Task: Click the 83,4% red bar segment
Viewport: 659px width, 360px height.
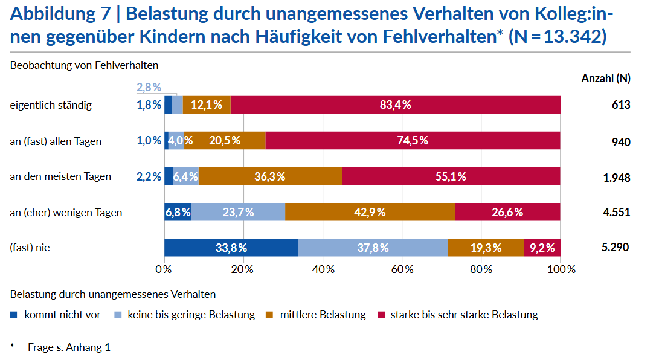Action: point(396,104)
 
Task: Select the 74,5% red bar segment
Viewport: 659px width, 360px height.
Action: point(413,141)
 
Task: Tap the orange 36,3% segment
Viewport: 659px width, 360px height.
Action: point(270,176)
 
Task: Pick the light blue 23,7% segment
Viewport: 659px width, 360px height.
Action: point(238,212)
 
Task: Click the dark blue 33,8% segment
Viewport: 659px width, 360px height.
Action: point(231,248)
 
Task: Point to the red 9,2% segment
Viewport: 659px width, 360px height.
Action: point(542,248)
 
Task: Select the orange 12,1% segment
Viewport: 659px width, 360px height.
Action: point(207,104)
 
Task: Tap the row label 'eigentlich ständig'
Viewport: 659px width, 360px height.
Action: point(51,105)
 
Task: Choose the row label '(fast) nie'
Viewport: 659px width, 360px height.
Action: point(30,248)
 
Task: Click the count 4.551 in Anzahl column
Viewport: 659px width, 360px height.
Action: point(616,213)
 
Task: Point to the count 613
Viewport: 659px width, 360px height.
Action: point(620,105)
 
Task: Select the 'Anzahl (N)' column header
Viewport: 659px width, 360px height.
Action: point(605,79)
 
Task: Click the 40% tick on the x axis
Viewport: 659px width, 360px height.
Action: point(323,269)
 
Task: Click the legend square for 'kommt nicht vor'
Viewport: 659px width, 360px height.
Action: point(14,315)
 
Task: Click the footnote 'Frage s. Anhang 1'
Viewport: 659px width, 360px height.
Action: point(69,347)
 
